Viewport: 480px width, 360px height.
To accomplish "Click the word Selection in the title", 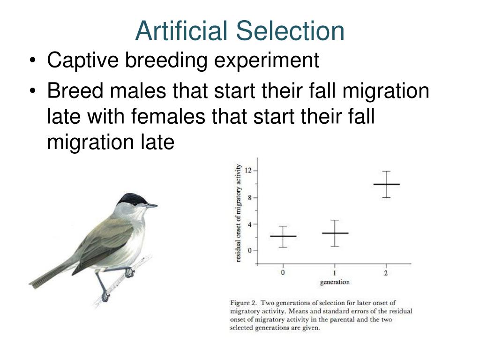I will tap(290, 31).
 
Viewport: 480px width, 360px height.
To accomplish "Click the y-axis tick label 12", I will tap(248, 171).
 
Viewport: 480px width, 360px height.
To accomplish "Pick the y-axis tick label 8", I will tap(250, 197).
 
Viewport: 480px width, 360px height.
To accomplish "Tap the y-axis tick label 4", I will tap(250, 224).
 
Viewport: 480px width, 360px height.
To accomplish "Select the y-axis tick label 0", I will tap(250, 250).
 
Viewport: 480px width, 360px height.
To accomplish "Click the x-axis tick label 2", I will tap(386, 273).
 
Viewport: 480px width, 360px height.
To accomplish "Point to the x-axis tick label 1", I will tap(335, 273).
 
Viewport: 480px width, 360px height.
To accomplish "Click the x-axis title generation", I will tap(335, 282).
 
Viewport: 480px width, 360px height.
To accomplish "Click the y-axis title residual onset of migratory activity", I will tap(239, 213).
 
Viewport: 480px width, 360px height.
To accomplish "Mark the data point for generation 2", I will tap(386, 184).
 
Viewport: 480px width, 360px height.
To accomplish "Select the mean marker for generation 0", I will tap(283, 236).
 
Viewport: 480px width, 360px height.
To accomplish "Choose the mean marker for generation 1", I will tap(335, 233).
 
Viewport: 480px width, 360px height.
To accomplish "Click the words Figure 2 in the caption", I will tap(244, 303).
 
